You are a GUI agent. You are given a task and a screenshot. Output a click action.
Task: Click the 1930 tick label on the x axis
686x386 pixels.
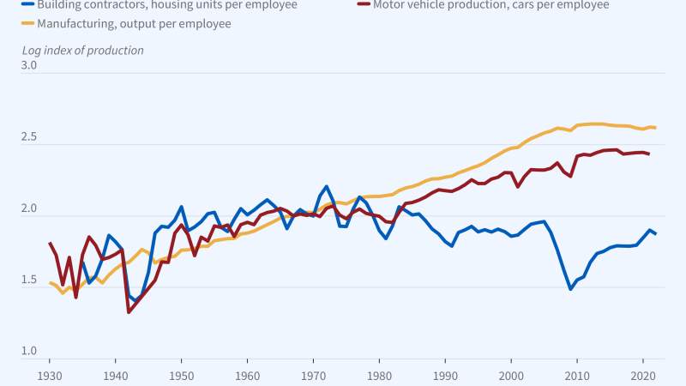(x=49, y=375)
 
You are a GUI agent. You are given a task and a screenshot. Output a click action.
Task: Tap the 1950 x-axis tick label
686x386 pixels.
(x=181, y=375)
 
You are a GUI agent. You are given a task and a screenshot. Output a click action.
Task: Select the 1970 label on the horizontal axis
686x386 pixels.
(x=313, y=375)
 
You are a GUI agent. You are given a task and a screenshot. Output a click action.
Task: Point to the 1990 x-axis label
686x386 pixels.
(x=445, y=375)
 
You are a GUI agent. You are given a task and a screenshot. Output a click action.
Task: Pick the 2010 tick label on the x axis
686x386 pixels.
(x=577, y=375)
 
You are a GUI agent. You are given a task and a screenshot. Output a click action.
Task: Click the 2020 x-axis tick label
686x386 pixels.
(x=642, y=375)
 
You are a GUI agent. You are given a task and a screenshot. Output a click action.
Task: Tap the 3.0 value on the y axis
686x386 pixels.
(x=28, y=65)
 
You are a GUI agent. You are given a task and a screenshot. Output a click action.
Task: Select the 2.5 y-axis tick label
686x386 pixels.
(x=28, y=137)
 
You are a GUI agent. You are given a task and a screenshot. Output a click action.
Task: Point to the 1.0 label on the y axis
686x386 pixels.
(x=28, y=351)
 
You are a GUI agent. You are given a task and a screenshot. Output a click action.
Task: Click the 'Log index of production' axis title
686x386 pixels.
(x=82, y=50)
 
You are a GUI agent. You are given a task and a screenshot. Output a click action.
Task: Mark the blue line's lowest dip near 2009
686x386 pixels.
(x=570, y=289)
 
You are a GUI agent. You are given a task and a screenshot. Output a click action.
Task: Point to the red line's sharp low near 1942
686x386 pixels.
(x=129, y=311)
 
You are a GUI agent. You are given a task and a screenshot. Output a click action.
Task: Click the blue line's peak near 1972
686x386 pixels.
(x=327, y=186)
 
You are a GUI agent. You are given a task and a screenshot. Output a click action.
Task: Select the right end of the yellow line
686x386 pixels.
(x=655, y=128)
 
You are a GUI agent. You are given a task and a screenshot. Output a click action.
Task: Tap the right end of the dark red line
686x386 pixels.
(x=648, y=154)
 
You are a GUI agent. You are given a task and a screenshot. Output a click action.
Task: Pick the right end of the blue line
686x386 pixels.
(x=655, y=234)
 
